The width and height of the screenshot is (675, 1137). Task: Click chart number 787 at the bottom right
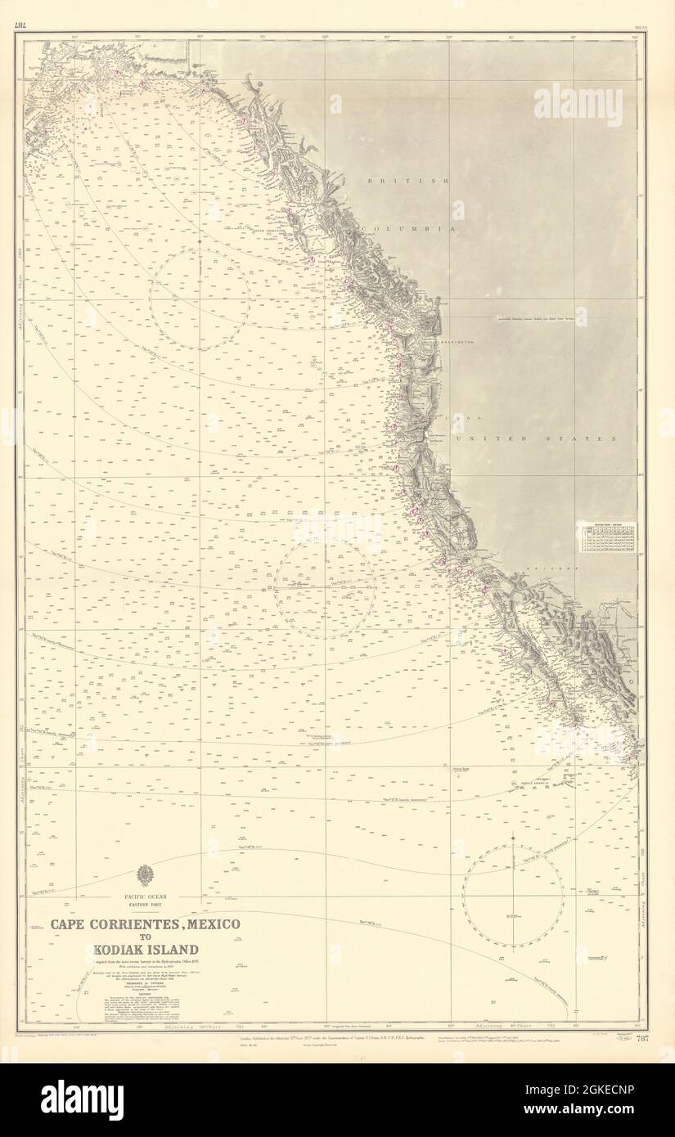click(x=642, y=1040)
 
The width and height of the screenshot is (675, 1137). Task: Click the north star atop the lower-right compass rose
click(x=512, y=838)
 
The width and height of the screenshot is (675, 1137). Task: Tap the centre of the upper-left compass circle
click(x=199, y=299)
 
